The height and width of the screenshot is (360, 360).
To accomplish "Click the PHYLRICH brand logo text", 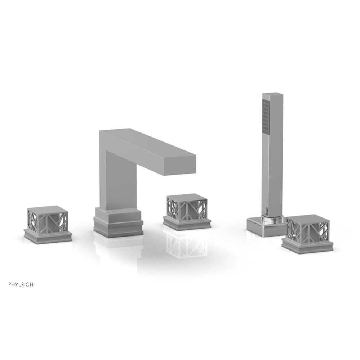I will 21,284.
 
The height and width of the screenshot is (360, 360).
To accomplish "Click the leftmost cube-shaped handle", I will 48,222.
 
